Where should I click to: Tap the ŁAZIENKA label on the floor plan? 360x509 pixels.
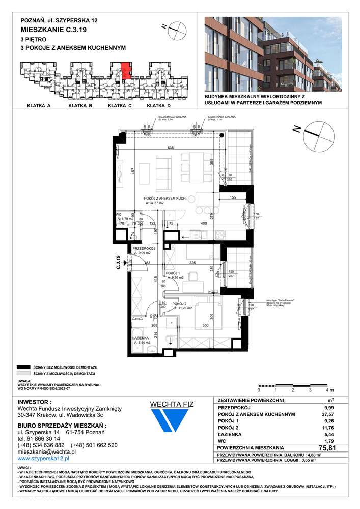[140, 337]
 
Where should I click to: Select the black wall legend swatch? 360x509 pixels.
[21, 366]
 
